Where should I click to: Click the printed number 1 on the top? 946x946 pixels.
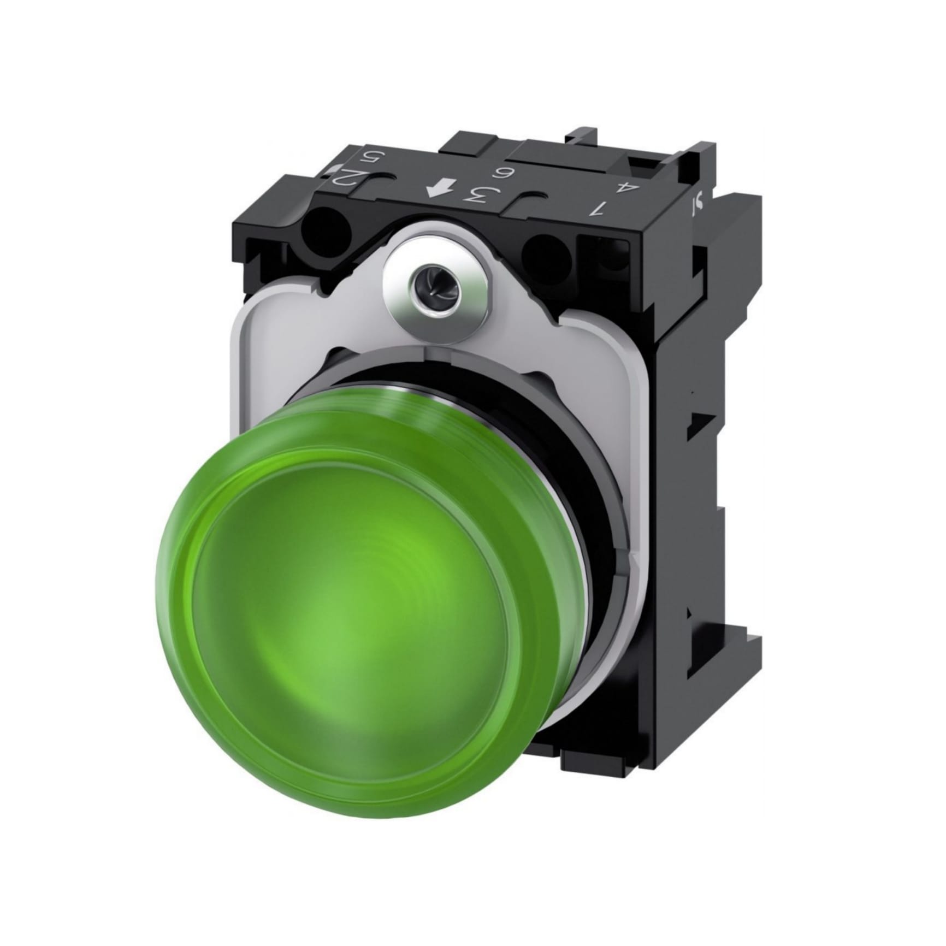click(601, 208)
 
